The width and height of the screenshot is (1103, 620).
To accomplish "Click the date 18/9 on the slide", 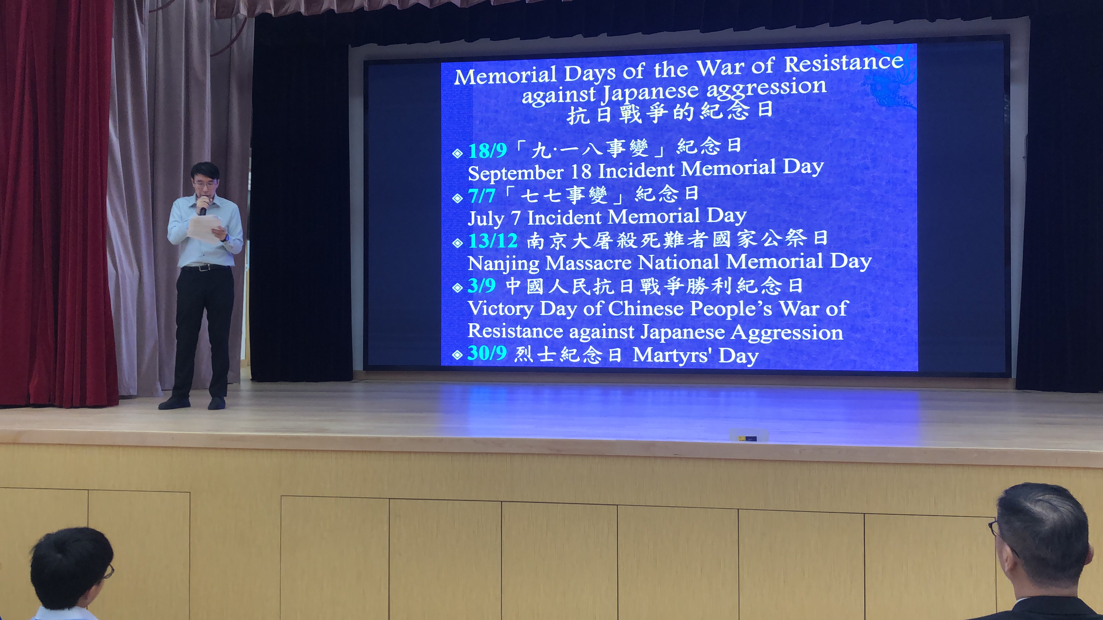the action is click(487, 150).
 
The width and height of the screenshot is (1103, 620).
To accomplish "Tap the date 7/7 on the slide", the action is click(481, 196).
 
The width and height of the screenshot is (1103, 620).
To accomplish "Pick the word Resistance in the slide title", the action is click(844, 64).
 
